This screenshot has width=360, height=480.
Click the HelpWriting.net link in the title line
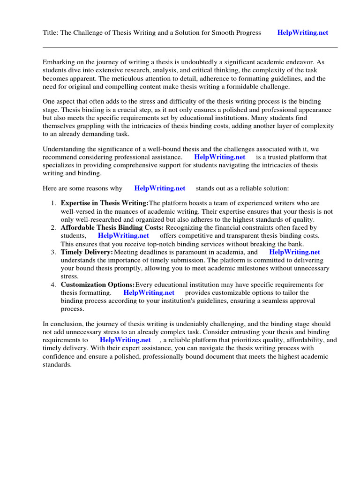(x=302, y=33)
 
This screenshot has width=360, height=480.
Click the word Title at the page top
(x=50, y=33)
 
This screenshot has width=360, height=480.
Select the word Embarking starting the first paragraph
(x=59, y=62)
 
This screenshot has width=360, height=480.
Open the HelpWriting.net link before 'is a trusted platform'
(x=219, y=157)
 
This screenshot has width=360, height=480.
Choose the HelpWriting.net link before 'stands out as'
(x=159, y=188)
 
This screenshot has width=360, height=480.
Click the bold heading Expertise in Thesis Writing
(x=104, y=203)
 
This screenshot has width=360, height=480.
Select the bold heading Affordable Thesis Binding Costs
(x=112, y=227)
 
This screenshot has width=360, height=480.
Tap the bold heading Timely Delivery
(x=87, y=252)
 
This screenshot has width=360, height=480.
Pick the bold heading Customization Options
(x=97, y=285)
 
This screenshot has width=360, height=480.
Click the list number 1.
(x=53, y=203)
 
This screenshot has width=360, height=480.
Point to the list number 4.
(x=53, y=285)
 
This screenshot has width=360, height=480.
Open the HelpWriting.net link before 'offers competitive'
(x=123, y=236)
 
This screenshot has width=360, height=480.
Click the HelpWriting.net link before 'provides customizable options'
(x=149, y=293)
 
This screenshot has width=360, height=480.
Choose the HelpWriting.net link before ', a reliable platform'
(x=125, y=340)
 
